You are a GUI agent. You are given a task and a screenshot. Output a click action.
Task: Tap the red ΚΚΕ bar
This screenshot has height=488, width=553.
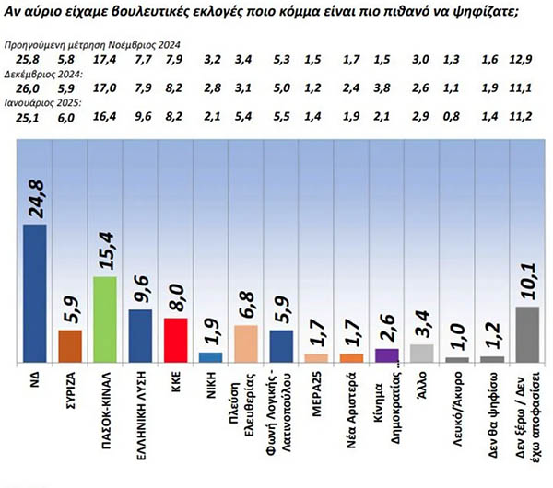coord(175,341)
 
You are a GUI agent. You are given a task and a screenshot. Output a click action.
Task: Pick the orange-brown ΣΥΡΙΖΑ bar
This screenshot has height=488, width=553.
coord(70,346)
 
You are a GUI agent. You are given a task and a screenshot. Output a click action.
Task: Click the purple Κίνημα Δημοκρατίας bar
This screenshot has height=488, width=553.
coord(387,356)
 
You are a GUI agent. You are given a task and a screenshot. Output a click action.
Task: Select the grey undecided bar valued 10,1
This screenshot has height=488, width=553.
coord(526,334)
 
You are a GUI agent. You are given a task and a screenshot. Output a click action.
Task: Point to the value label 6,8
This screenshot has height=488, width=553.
coord(246,302)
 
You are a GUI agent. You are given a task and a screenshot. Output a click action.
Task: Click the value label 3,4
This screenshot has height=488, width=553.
coord(422,324)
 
